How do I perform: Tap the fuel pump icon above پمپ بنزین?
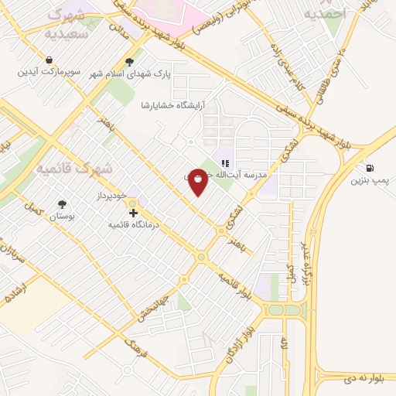(368, 168)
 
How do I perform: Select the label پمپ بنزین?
(367, 182)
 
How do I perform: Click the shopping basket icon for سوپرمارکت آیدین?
(49, 60)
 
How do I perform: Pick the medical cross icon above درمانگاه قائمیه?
(133, 212)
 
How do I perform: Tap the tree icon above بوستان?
(62, 204)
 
